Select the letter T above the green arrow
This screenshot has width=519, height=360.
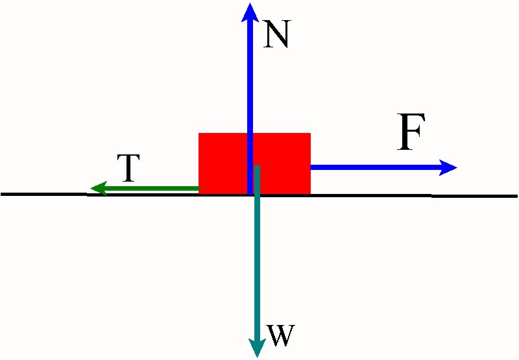[x=129, y=169]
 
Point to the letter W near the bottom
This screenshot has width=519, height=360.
[x=281, y=336]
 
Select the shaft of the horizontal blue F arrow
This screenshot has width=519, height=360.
[x=376, y=167]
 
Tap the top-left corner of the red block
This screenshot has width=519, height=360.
[x=199, y=134]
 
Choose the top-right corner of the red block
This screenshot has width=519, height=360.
[x=310, y=134]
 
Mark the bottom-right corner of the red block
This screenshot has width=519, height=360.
[x=310, y=193]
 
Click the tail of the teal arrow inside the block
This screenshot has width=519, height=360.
[x=258, y=167]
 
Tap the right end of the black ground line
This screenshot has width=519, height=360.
[x=516, y=195]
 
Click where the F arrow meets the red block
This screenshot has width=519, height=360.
[x=311, y=167]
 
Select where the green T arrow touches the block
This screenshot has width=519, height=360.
[x=199, y=189]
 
